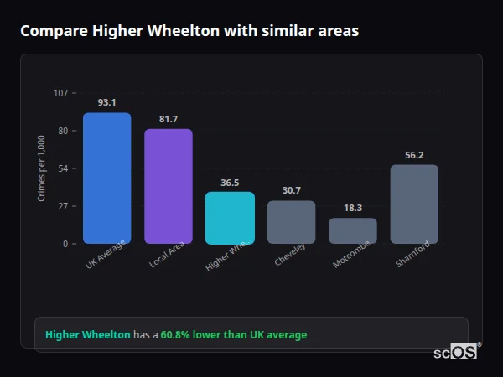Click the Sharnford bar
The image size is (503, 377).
click(414, 204)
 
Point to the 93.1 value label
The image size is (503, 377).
click(106, 102)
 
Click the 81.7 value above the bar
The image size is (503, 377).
click(168, 119)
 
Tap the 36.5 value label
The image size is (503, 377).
click(230, 182)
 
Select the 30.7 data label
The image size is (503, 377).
click(291, 190)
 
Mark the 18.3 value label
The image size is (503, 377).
click(353, 208)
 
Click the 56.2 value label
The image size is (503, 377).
click(414, 155)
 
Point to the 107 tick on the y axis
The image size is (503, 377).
click(60, 93)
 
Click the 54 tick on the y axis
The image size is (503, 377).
click(63, 168)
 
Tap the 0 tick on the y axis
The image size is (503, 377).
click(65, 244)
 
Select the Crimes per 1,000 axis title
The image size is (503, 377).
click(42, 168)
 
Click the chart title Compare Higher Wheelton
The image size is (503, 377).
click(189, 31)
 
